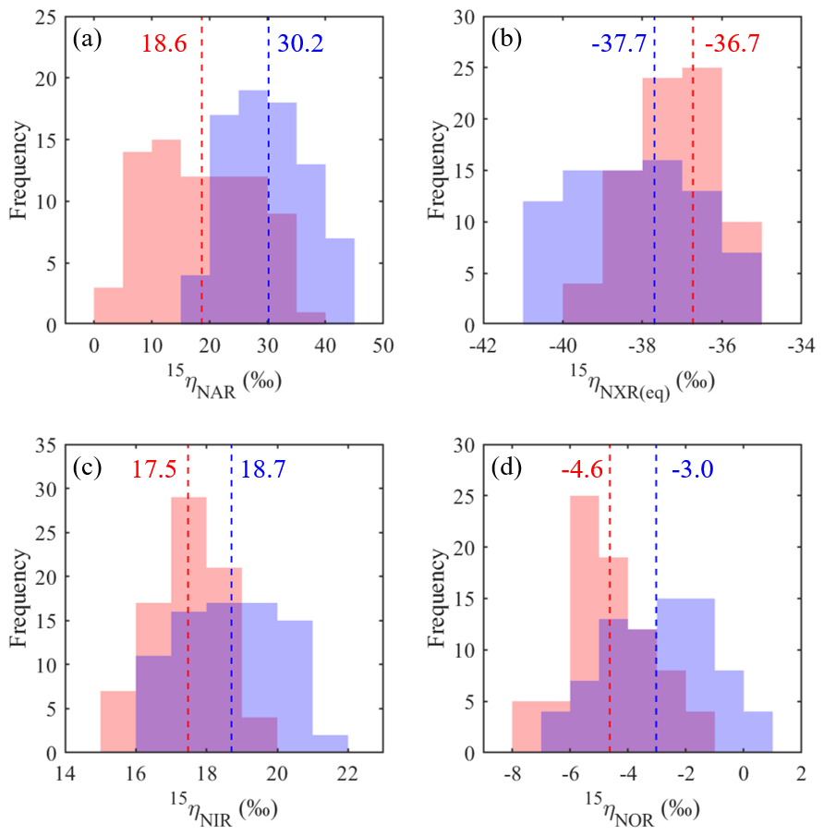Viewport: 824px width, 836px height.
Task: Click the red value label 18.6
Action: [x=164, y=42]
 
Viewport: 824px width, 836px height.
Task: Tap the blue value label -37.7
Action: [x=617, y=42]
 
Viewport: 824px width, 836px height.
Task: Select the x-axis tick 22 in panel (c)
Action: [x=347, y=772]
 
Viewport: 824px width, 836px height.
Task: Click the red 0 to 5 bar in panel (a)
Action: [x=109, y=307]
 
